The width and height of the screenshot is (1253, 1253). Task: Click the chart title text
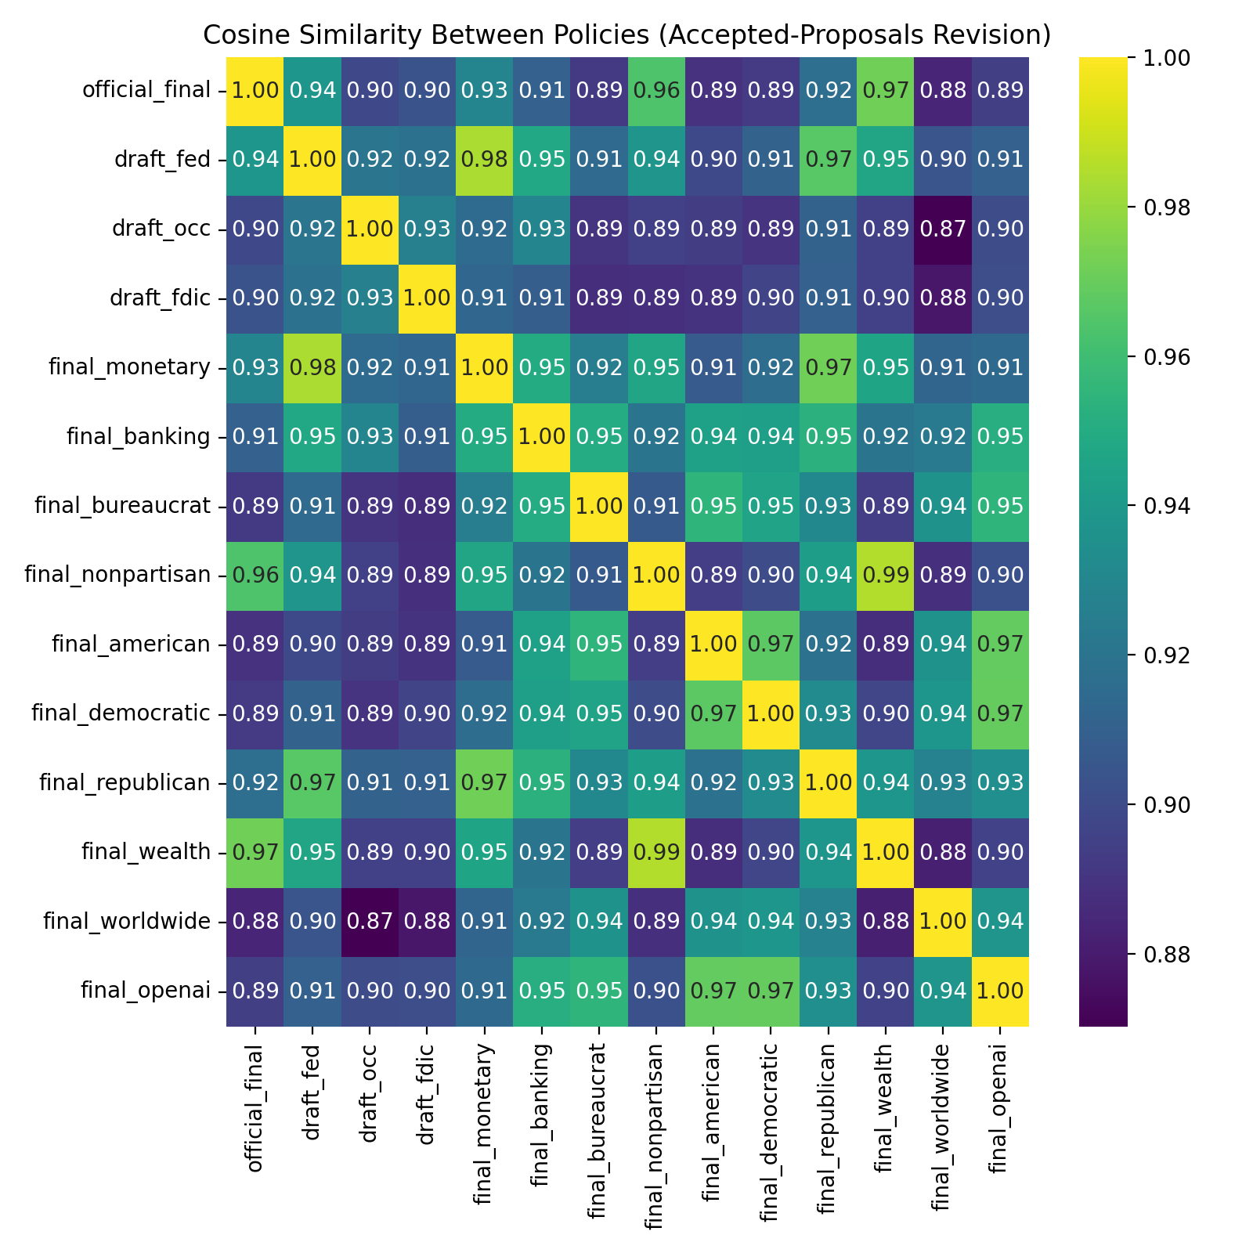pos(626,35)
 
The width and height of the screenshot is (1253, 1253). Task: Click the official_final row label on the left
pos(146,91)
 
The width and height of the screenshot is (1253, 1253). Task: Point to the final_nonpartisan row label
pos(117,576)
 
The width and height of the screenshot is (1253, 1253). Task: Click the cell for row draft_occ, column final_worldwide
pos(943,229)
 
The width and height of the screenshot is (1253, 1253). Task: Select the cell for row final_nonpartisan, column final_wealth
pos(886,576)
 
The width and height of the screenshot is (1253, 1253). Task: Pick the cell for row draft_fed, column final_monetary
pos(486,161)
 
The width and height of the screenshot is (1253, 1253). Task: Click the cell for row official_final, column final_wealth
pos(886,91)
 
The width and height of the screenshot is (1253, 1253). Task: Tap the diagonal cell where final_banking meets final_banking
pos(543,437)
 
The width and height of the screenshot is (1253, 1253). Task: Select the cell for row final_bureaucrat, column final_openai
pos(1000,506)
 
